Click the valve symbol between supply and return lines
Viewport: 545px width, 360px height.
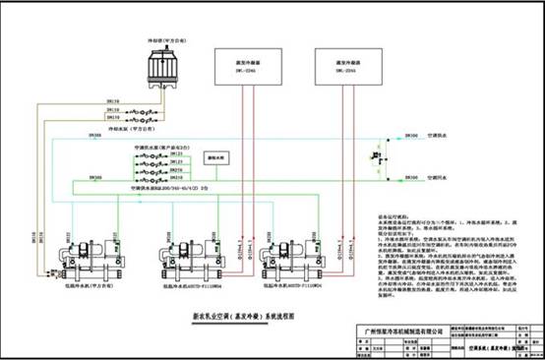point(376,157)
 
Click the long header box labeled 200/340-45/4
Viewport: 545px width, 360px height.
point(167,188)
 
